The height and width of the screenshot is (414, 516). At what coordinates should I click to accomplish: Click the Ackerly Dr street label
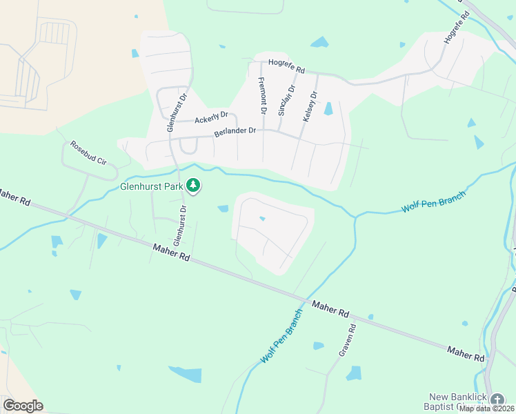coord(211,119)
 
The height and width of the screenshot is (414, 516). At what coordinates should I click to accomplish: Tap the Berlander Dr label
coord(234,130)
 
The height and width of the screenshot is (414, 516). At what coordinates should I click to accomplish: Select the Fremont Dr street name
coord(262,96)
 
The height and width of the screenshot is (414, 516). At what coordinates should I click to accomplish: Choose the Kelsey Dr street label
coord(310,107)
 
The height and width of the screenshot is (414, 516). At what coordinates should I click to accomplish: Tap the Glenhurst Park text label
coord(151,186)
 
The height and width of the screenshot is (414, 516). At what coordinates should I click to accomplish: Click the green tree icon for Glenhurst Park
coord(195,185)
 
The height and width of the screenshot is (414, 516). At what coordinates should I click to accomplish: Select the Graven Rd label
coord(346,340)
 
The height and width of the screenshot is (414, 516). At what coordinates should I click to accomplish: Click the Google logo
coord(23,406)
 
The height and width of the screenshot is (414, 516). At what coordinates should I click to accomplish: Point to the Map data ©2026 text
coord(487,408)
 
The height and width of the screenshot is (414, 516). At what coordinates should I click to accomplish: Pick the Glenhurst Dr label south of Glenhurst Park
coord(180,226)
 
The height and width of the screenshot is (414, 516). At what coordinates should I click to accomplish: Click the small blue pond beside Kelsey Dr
coord(328,108)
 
